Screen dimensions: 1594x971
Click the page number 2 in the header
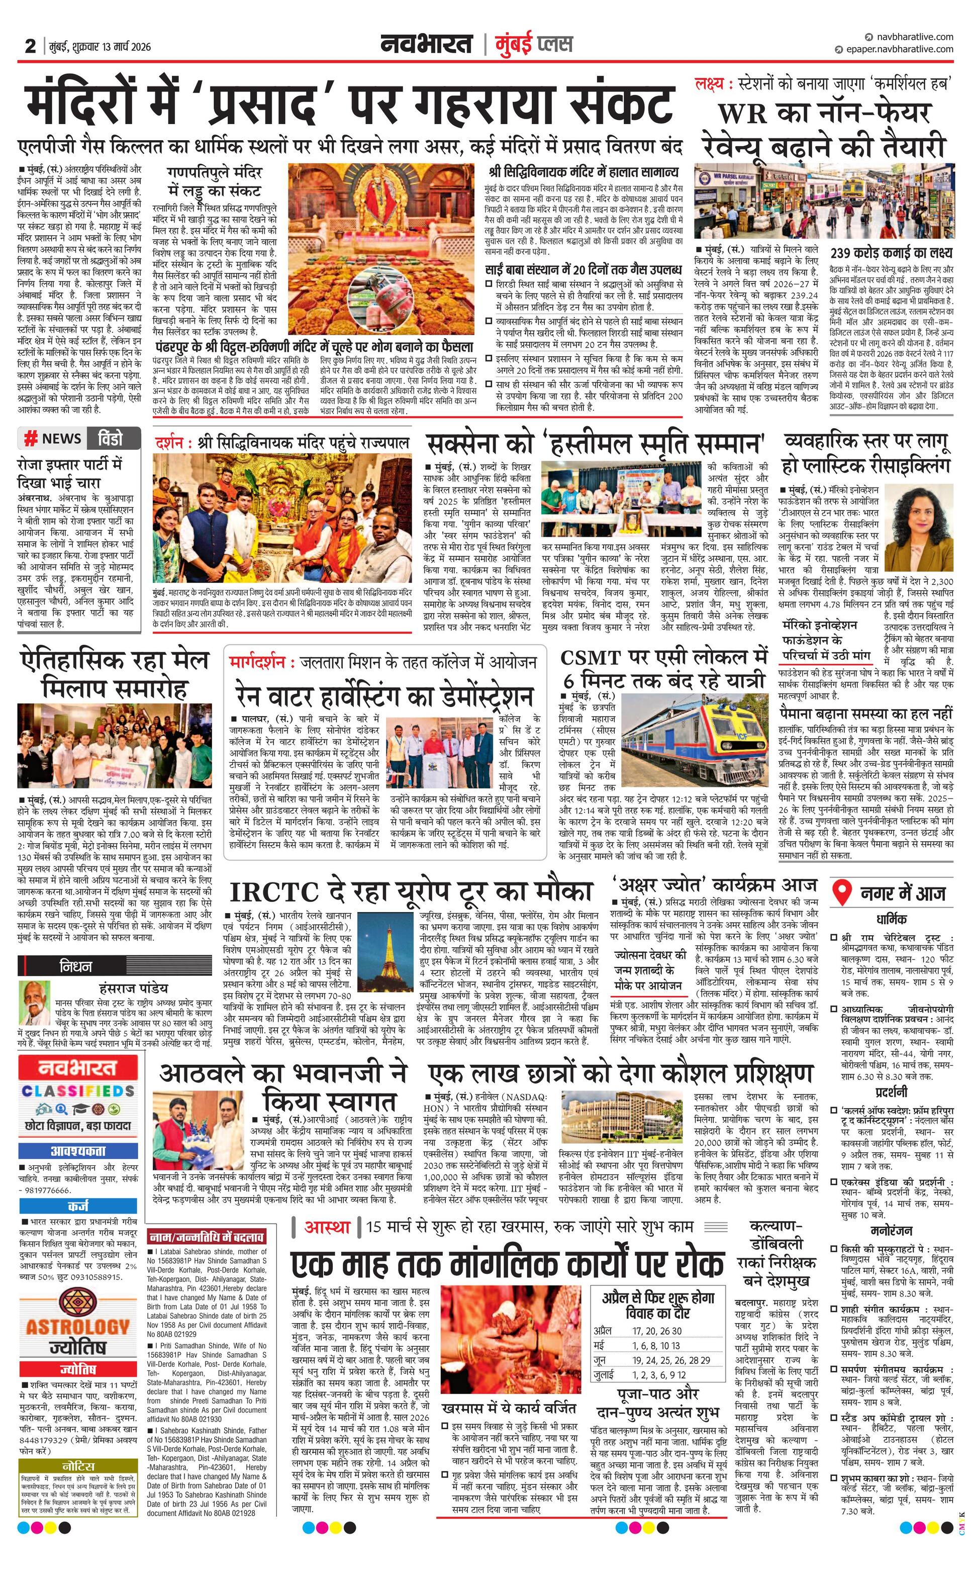click(x=30, y=46)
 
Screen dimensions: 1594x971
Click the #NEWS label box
click(x=53, y=439)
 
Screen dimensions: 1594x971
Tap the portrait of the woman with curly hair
click(x=919, y=527)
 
